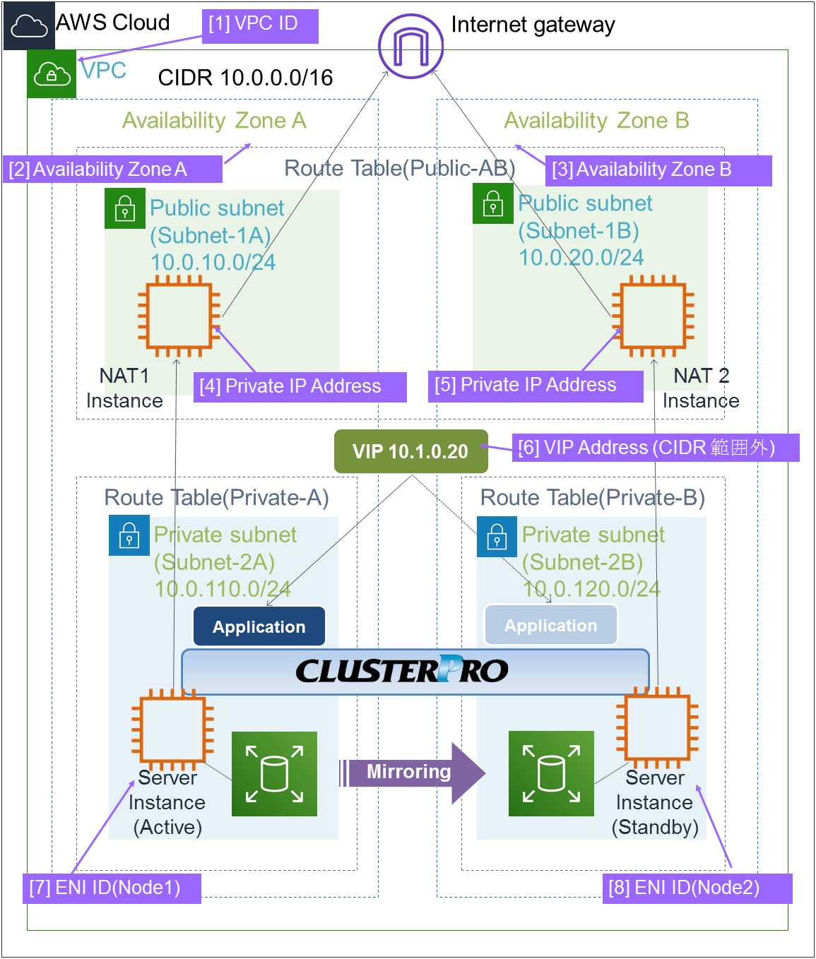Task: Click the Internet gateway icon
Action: pos(410,46)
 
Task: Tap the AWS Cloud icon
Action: pos(29,25)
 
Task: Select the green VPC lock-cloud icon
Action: pos(52,73)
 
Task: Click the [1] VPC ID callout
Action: pos(260,26)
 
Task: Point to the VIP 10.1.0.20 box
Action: pos(410,451)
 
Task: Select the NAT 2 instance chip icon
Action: pos(653,316)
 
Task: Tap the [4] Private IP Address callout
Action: pos(300,386)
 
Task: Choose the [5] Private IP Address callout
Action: pos(535,386)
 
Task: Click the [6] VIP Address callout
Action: pos(655,448)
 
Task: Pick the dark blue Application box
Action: pos(259,626)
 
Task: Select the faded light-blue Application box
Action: pos(550,625)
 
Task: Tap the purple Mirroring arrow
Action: pos(413,773)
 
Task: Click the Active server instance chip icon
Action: pos(172,729)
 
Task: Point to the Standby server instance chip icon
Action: pos(657,727)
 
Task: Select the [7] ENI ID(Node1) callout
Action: pos(112,888)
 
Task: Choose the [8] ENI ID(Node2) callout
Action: pos(697,888)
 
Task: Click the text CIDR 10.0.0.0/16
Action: pos(245,78)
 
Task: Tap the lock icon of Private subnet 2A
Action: pos(129,535)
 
